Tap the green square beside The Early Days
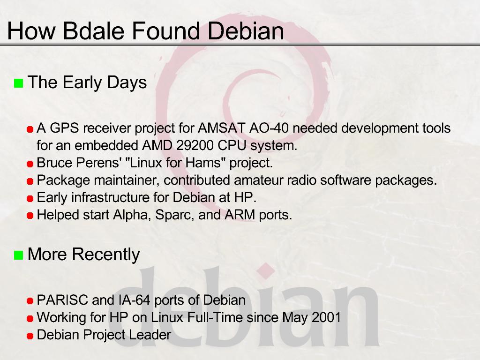(x=19, y=83)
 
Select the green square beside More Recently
(x=19, y=255)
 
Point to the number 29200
(x=195, y=145)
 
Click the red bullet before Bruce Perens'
(x=30, y=164)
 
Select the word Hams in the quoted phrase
(x=203, y=163)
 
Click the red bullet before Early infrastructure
(x=30, y=199)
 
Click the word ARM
(x=240, y=215)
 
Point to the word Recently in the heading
(x=105, y=255)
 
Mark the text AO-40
(x=269, y=128)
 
